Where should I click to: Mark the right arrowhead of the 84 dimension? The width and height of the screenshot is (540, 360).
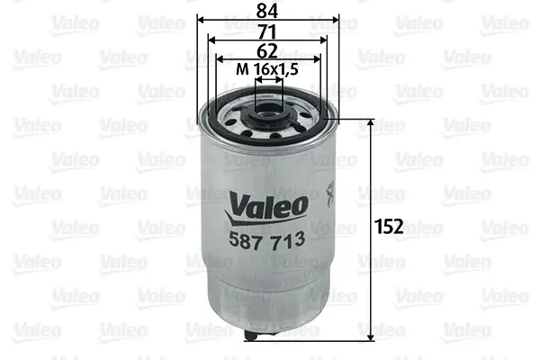pyautogui.click(x=335, y=18)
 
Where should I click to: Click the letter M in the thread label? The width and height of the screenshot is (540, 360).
pyautogui.click(x=241, y=69)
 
